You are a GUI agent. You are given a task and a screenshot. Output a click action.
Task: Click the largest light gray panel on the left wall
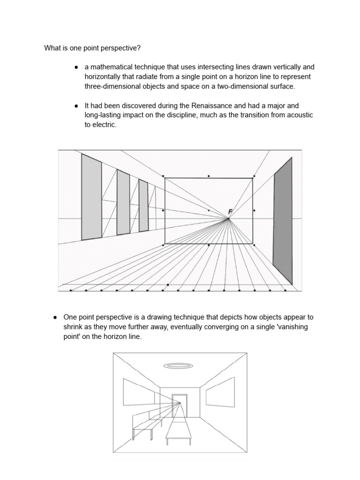[x=91, y=197]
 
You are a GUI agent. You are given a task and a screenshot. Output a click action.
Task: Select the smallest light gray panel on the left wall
[x=143, y=206]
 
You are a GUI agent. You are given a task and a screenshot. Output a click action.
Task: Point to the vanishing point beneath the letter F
[x=228, y=219]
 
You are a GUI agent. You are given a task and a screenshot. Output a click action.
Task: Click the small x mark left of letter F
[x=209, y=211]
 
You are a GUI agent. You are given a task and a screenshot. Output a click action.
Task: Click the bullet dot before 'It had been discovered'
[x=76, y=106]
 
